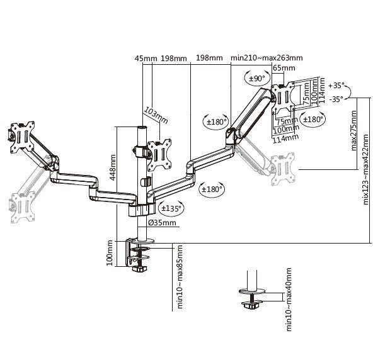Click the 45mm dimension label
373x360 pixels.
(146, 59)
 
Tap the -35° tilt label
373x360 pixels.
(336, 99)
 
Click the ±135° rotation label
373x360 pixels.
(171, 208)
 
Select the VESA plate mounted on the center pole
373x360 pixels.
(158, 152)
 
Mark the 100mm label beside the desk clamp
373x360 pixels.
(111, 252)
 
